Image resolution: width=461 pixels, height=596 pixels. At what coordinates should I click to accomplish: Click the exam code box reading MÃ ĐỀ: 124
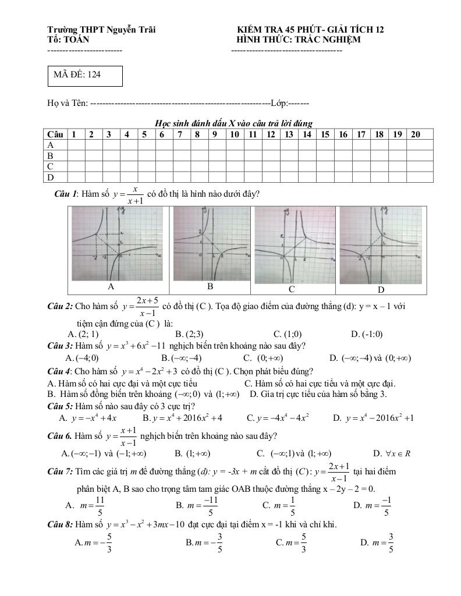(85, 76)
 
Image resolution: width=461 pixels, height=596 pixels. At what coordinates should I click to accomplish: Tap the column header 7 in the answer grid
(180, 134)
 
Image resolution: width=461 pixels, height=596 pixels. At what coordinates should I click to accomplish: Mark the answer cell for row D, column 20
(420, 178)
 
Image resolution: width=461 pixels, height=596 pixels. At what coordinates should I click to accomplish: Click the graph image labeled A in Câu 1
(111, 244)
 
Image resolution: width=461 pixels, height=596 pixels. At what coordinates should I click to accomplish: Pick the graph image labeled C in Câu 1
(292, 244)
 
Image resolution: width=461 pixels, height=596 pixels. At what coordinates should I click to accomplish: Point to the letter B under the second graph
(210, 287)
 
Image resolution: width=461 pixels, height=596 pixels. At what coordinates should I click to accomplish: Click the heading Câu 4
(60, 371)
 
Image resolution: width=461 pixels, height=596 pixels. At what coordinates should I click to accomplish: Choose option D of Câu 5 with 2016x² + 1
(373, 418)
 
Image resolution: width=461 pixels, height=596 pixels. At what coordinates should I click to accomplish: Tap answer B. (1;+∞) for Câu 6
(192, 453)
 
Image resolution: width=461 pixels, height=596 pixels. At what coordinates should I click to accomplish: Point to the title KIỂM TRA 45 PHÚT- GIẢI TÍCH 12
(310, 30)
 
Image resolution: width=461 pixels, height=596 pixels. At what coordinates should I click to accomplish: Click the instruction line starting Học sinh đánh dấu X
(233, 123)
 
